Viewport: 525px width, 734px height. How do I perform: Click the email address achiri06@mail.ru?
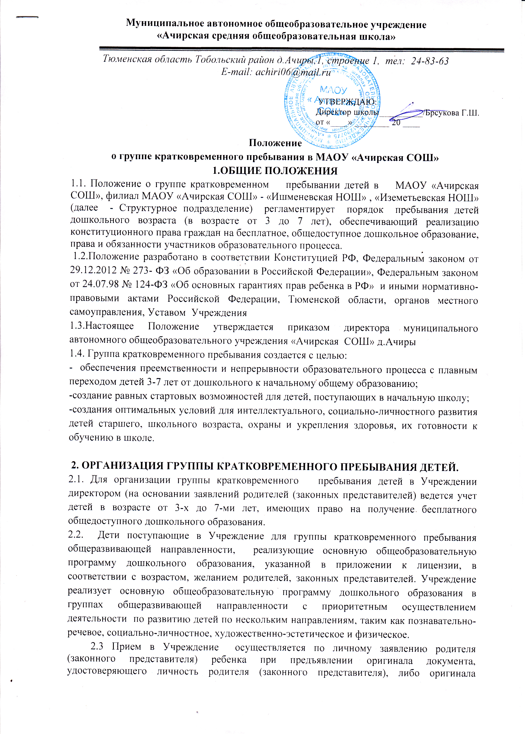coord(293,72)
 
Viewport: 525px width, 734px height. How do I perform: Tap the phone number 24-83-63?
coord(430,61)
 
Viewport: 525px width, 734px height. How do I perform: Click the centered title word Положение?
coord(275,143)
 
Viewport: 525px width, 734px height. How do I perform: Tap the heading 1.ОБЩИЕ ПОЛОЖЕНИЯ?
coord(274,171)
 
